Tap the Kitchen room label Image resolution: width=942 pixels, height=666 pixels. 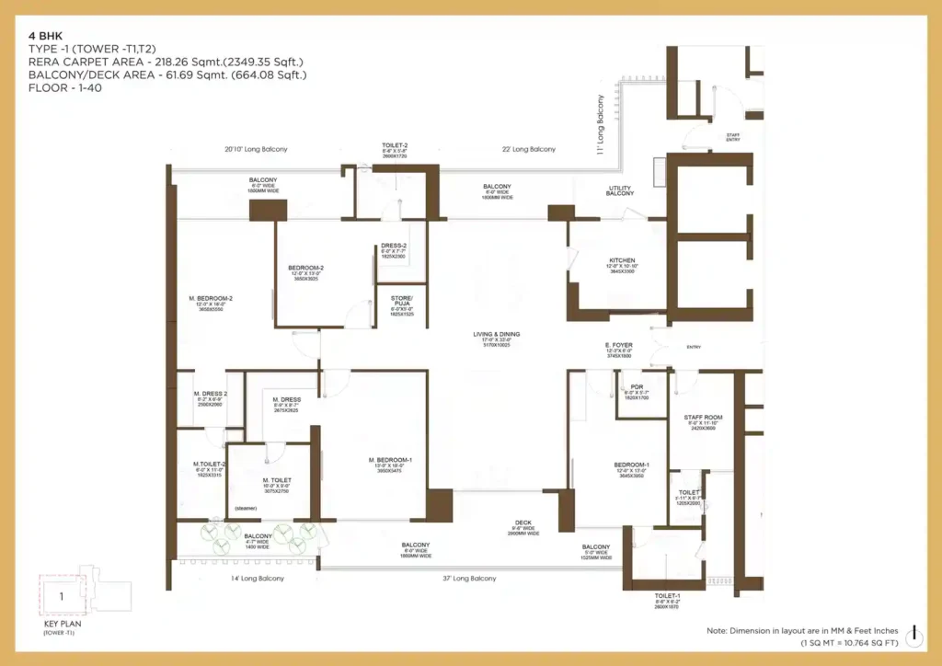tap(623, 260)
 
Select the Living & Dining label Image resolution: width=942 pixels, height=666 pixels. tap(496, 334)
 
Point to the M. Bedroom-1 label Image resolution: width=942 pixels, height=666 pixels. tap(391, 460)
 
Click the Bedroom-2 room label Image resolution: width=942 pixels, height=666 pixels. tap(306, 269)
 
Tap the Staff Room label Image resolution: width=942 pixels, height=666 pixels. tap(704, 418)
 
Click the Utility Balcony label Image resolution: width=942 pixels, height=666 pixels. tap(620, 190)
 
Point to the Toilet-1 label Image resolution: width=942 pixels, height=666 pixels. tap(667, 595)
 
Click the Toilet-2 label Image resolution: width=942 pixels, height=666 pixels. tap(395, 145)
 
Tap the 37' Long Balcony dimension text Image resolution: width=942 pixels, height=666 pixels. tap(470, 579)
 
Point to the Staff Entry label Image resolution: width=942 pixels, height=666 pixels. tap(733, 137)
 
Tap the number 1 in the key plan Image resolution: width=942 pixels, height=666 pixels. tap(61, 596)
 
